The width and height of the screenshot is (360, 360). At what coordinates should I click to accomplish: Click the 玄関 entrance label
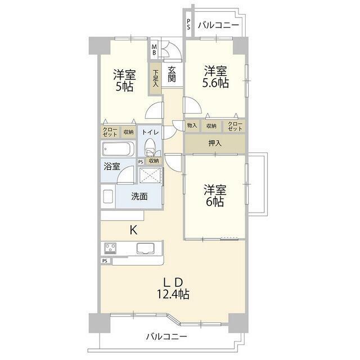(x=172, y=74)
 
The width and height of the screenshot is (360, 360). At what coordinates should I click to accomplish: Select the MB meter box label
(x=154, y=50)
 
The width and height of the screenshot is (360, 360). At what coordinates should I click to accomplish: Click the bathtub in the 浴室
(x=118, y=148)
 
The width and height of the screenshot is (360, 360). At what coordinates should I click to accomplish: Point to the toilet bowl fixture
(x=150, y=147)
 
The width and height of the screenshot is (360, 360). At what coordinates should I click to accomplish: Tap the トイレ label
(x=150, y=132)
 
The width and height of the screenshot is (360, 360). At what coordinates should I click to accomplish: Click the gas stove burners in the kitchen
(x=110, y=248)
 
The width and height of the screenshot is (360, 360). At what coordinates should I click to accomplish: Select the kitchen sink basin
(x=145, y=249)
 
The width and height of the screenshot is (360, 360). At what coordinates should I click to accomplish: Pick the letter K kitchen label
(x=133, y=230)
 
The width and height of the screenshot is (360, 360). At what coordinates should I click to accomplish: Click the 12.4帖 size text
(x=173, y=294)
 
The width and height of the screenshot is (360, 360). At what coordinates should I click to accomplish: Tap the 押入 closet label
(x=215, y=143)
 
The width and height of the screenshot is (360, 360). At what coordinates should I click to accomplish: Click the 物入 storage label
(x=192, y=125)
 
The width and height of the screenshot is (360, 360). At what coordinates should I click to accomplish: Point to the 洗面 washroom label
(x=139, y=196)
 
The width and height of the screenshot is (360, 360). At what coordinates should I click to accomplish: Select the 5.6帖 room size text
(x=215, y=83)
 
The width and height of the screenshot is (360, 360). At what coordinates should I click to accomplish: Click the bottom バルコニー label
(x=166, y=337)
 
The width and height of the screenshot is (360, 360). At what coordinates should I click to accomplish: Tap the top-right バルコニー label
(x=218, y=25)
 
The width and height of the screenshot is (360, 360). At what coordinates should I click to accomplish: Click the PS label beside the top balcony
(x=188, y=24)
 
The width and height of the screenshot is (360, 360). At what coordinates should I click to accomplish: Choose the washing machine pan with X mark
(x=150, y=175)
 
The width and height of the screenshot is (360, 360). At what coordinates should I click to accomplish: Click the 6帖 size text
(x=215, y=202)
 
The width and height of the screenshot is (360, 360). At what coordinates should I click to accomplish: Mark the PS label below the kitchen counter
(x=105, y=261)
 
